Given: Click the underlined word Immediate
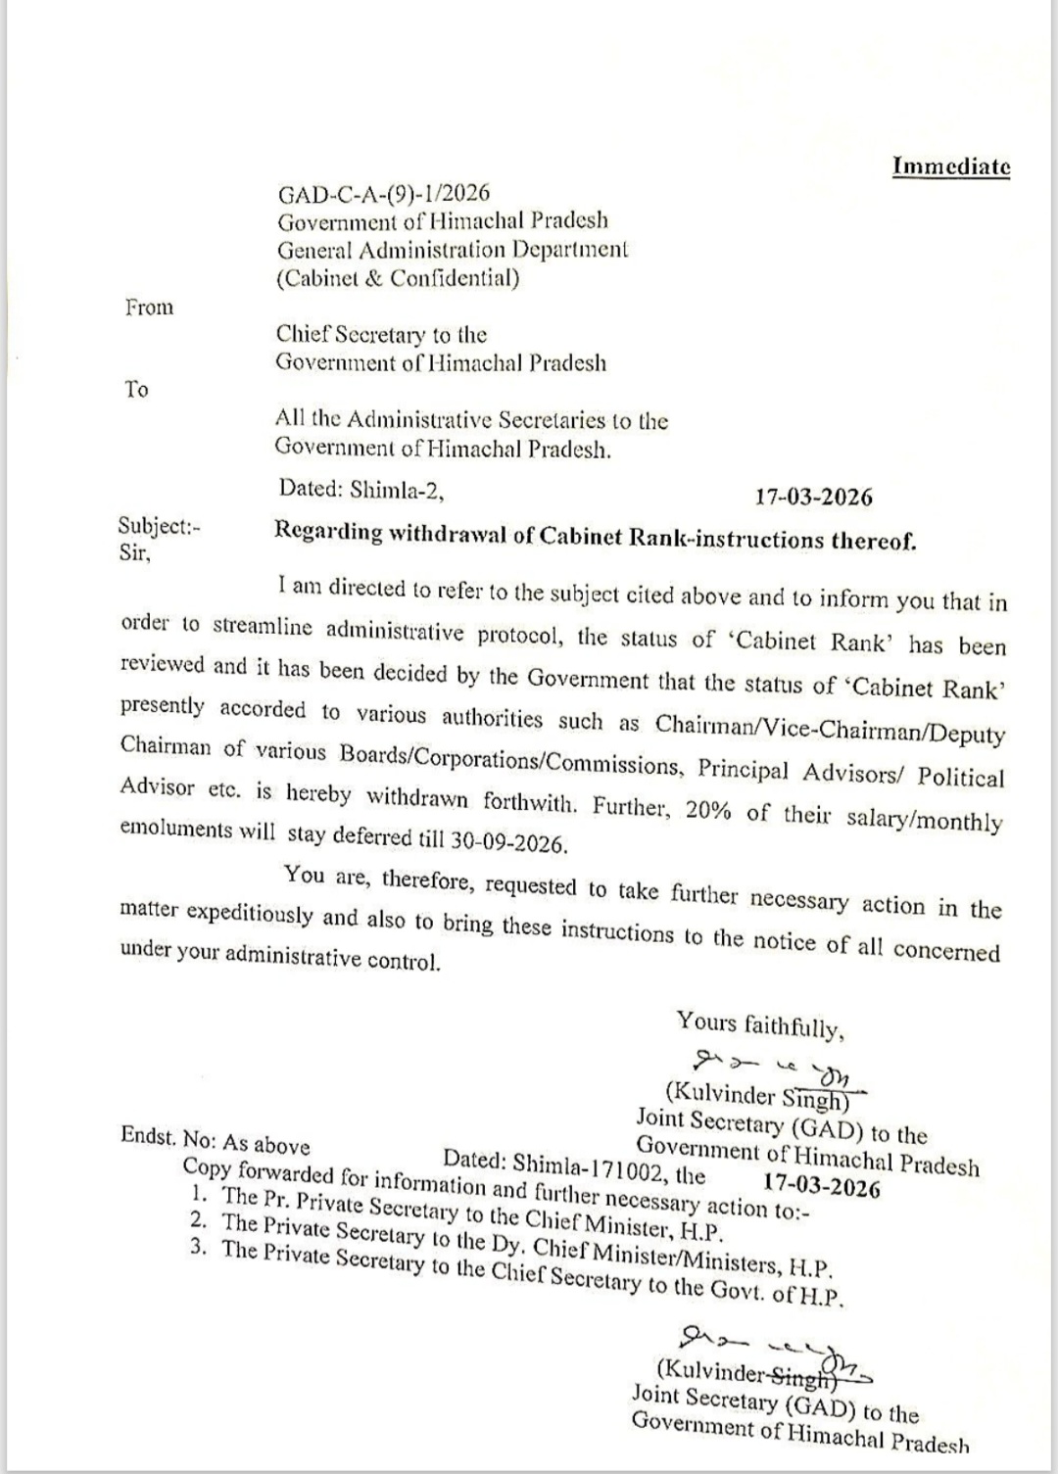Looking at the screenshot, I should click(950, 166).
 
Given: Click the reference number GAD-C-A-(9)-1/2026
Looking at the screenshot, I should click(383, 192).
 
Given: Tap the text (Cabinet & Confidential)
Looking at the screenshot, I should click(397, 278).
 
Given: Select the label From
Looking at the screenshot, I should click(149, 308).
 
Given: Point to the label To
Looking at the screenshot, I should click(136, 390).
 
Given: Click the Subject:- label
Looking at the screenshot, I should click(159, 526).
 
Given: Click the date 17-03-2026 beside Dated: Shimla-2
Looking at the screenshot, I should click(813, 497).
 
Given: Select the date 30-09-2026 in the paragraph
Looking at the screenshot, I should click(509, 841).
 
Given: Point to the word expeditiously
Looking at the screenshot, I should click(251, 915).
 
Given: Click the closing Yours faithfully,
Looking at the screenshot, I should click(759, 1026).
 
